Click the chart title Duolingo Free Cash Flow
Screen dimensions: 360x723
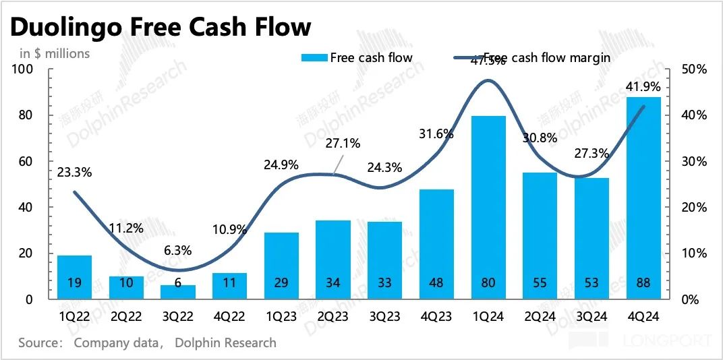tap(161, 26)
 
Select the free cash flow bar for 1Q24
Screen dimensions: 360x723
tap(488, 202)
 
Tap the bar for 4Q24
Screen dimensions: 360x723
tap(643, 196)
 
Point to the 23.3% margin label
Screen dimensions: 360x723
tap(75, 172)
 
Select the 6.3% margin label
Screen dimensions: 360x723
tap(177, 249)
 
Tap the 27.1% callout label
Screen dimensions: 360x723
tap(343, 143)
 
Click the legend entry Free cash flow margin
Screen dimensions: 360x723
tap(547, 58)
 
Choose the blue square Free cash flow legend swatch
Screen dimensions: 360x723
tap(314, 58)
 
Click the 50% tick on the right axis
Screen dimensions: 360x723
tap(693, 69)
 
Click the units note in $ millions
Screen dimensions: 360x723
tap(54, 53)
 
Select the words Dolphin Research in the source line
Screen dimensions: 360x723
tap(225, 342)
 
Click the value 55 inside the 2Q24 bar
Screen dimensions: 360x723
tap(540, 283)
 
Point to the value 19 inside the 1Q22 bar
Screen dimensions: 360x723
tap(75, 283)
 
